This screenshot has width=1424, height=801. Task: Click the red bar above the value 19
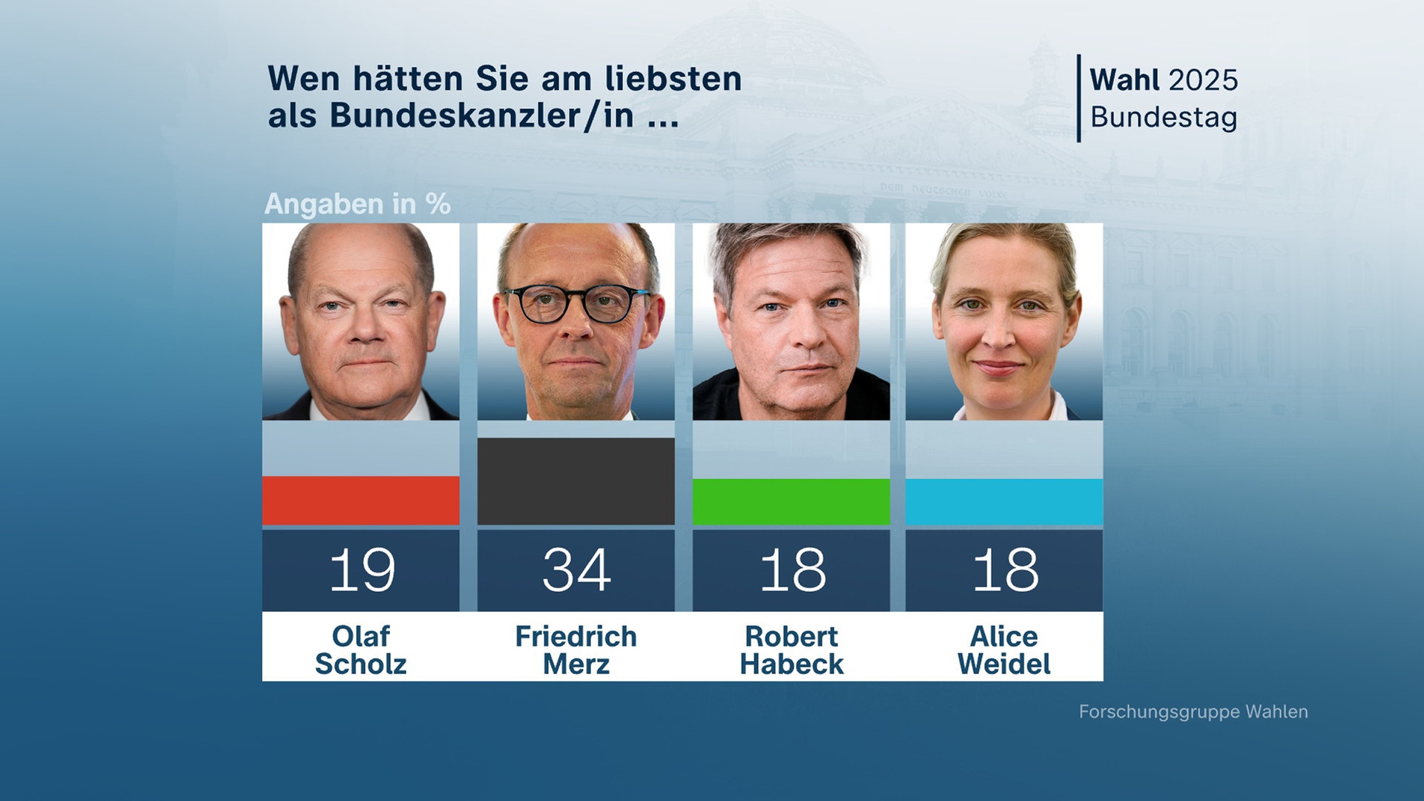[360, 501]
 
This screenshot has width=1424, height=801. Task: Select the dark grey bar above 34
[576, 481]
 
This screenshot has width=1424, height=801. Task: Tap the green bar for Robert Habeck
[791, 502]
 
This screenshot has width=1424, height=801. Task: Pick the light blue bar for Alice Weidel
[1003, 502]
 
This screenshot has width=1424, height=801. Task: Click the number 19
[362, 570]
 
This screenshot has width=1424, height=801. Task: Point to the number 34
[576, 570]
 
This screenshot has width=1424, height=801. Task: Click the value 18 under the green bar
[792, 570]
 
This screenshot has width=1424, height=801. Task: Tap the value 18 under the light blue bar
[1005, 570]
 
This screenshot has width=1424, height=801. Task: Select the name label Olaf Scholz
[360, 650]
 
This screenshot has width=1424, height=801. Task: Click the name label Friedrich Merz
[576, 650]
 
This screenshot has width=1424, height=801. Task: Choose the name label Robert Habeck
[791, 650]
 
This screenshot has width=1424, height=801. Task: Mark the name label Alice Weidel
[1003, 650]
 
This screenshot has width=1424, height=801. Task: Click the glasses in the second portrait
[576, 303]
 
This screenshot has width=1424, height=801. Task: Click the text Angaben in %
[357, 204]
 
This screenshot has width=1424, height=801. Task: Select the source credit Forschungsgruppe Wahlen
[1193, 711]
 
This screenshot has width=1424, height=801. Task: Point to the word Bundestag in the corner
[1163, 117]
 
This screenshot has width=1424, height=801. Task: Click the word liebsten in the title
[672, 79]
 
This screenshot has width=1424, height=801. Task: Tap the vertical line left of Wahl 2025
[1078, 98]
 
